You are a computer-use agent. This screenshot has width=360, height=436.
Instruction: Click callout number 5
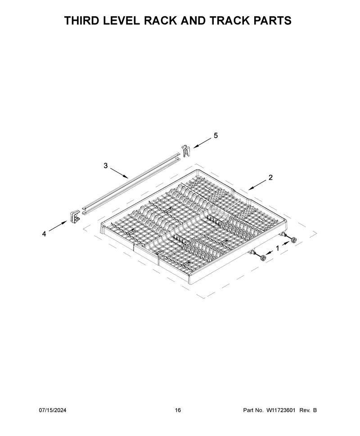(x=216, y=135)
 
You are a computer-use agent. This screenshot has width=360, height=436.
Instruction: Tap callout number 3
(x=105, y=166)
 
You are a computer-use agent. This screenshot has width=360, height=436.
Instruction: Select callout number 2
(x=270, y=178)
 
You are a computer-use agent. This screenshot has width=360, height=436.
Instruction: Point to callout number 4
(x=44, y=234)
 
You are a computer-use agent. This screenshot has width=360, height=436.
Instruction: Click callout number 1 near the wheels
(x=277, y=248)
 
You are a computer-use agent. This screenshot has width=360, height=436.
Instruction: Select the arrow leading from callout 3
(x=119, y=173)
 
